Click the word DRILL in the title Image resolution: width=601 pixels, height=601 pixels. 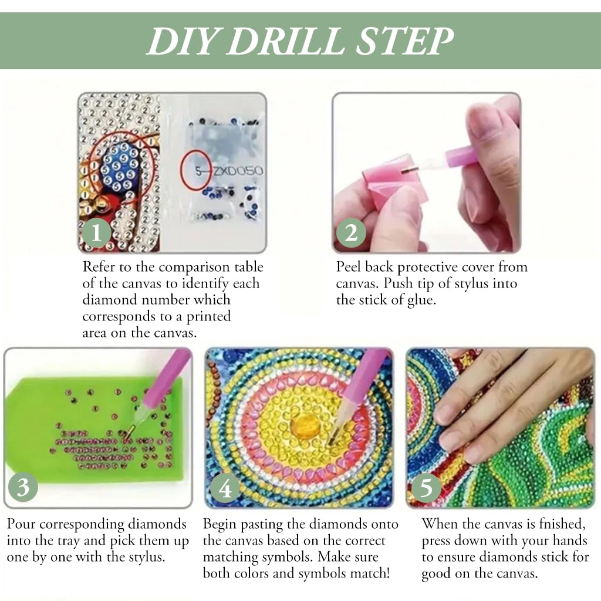point(286,41)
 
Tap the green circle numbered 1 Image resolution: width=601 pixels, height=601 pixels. point(96,232)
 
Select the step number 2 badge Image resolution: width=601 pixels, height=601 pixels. point(351,232)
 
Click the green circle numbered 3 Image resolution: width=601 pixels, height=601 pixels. point(23,487)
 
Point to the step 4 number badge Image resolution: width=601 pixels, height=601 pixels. point(225,488)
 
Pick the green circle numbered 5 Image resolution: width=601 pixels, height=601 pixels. point(426,488)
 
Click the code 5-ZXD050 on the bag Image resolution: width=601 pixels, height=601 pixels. point(229,171)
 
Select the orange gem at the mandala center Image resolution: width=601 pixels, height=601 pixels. point(305,426)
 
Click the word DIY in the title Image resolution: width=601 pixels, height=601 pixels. point(181,41)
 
